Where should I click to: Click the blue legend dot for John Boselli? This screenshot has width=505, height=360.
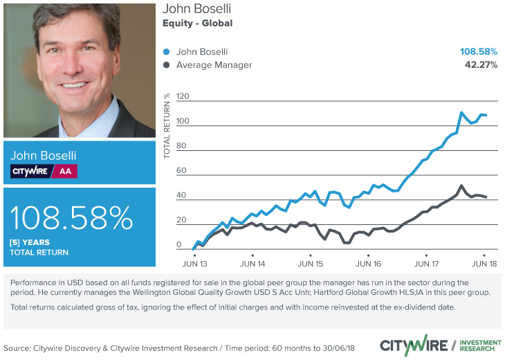pyautogui.click(x=166, y=52)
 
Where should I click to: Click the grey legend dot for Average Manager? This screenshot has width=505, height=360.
pyautogui.click(x=166, y=65)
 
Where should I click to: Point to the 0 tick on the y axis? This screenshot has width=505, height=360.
pyautogui.click(x=179, y=245)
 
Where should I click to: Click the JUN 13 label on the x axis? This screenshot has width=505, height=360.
pyautogui.click(x=195, y=264)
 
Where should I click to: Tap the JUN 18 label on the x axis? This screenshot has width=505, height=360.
pyautogui.click(x=483, y=264)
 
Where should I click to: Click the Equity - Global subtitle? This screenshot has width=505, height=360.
pyautogui.click(x=197, y=24)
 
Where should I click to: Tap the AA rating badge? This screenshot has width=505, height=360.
pyautogui.click(x=64, y=171)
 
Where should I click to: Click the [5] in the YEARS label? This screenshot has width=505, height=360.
pyautogui.click(x=14, y=242)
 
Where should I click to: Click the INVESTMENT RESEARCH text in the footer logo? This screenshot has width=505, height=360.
pyautogui.click(x=480, y=344)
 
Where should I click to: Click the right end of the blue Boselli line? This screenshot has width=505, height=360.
pyautogui.click(x=486, y=115)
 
